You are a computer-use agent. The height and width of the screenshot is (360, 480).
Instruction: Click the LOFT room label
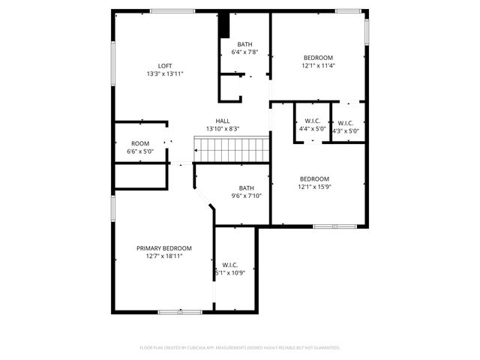point(165,65)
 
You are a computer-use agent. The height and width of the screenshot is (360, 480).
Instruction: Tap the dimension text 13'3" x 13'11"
point(165,73)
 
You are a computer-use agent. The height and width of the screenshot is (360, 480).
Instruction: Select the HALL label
point(223,121)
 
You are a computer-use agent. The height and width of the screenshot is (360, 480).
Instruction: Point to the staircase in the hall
point(232,149)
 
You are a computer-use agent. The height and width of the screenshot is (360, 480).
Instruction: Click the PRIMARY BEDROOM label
point(163,248)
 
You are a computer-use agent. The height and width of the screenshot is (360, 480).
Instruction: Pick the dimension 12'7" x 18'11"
point(163,256)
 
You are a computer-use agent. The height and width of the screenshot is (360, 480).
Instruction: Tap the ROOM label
point(140,143)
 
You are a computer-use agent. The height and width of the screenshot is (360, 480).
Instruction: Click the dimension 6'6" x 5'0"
point(140,151)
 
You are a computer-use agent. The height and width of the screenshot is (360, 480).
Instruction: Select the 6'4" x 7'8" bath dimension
point(245,52)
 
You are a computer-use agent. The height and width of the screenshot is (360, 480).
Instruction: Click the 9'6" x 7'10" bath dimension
point(247,196)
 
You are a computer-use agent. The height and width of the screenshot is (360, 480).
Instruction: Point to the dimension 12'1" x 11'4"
point(318,65)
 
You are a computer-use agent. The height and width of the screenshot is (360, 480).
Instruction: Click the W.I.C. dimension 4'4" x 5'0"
point(313,129)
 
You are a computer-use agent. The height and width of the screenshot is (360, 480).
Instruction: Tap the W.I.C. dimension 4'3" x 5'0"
point(346,131)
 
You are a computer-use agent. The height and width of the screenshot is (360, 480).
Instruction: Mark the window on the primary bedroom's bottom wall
point(180,311)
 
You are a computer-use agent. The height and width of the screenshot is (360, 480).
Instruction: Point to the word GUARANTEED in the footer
point(324,348)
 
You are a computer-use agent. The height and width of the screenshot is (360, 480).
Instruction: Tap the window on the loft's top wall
point(172,10)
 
